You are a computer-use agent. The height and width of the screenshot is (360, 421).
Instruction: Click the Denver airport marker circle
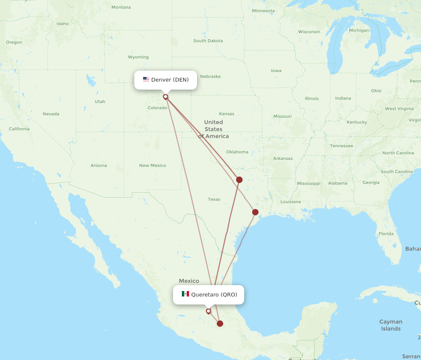tap(165, 97)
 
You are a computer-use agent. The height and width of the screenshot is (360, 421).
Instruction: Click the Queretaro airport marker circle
tap(208, 311)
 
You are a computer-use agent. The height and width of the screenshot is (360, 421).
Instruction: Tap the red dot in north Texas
tap(239, 180)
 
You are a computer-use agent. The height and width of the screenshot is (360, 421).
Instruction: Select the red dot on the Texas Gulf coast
tap(255, 212)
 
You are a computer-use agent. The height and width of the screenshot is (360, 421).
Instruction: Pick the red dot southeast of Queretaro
tap(220, 323)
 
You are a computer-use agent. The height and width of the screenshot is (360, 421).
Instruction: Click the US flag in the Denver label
tap(146, 79)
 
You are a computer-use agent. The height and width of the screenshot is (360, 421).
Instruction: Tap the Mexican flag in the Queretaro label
tap(185, 294)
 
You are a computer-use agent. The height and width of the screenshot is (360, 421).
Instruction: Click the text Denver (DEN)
tap(170, 79)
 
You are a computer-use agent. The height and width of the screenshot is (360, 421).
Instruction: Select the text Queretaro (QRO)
tap(214, 294)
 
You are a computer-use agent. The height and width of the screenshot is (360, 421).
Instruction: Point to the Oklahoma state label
tap(237, 152)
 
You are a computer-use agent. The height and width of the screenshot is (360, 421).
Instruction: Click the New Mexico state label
tap(152, 165)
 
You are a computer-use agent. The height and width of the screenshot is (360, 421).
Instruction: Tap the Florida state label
tap(386, 233)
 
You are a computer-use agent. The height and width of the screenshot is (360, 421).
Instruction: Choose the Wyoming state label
tap(138, 57)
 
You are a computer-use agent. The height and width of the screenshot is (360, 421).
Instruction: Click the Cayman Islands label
tap(391, 325)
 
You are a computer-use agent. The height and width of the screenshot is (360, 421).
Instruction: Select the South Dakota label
tap(208, 41)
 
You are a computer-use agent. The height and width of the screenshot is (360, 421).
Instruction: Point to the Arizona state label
tap(99, 165)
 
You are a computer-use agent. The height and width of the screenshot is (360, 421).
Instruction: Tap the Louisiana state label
tap(290, 201)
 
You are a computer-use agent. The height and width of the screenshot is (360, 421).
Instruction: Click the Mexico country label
tap(189, 281)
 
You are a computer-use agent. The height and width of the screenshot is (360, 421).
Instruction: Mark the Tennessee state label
tap(341, 146)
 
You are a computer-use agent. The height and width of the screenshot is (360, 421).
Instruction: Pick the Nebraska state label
tap(210, 76)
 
